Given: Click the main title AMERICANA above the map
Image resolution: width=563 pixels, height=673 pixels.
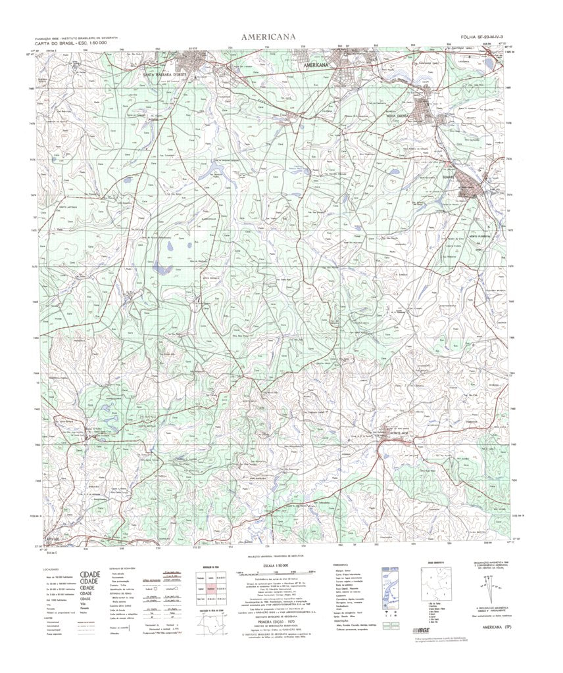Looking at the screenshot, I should tap(268, 37).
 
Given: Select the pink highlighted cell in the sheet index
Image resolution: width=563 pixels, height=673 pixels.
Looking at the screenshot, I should tap(211, 588).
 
